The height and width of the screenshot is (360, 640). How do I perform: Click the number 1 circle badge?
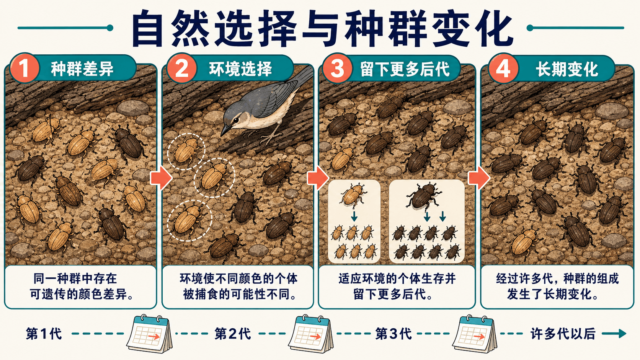click(x=24, y=68)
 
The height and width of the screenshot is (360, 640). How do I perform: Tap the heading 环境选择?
click(x=240, y=69)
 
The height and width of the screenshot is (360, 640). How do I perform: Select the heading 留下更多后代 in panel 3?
click(x=405, y=69)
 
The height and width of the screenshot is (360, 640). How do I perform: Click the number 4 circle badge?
click(x=503, y=68)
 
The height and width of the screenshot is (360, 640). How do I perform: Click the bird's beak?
click(x=226, y=130)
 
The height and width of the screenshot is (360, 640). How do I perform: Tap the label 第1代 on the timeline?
click(x=44, y=334)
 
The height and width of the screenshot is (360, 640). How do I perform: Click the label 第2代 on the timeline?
click(x=233, y=334)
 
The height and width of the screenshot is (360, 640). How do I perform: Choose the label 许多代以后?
click(x=563, y=334)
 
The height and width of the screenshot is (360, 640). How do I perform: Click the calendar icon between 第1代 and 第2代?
click(x=149, y=334)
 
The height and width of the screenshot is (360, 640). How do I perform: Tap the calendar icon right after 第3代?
click(x=475, y=334)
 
